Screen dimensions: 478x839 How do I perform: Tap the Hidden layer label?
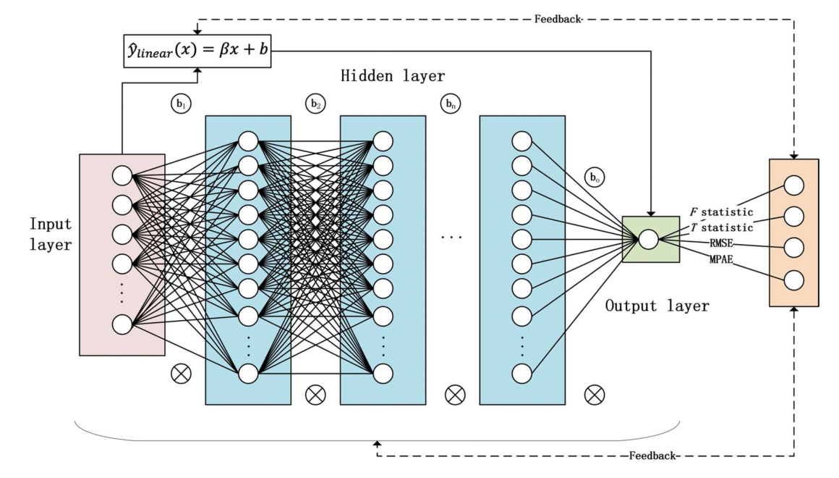pos(393,76)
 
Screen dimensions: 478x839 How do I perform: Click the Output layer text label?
pos(657,306)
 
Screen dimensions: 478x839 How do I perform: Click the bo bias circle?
pos(595,177)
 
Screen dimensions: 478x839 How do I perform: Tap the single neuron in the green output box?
pos(648,238)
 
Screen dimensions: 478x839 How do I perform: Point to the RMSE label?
pos(720,244)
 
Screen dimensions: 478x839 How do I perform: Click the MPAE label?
pos(720,259)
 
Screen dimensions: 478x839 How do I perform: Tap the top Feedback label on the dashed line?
pos(558,20)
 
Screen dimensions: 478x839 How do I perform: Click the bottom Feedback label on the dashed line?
pos(652,456)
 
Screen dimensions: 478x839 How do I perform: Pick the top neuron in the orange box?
pos(793,185)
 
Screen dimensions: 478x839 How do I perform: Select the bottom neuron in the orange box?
pos(793,280)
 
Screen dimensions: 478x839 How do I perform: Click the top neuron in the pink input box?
pos(122,176)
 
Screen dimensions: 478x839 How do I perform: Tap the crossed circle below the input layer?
pos(179,374)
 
